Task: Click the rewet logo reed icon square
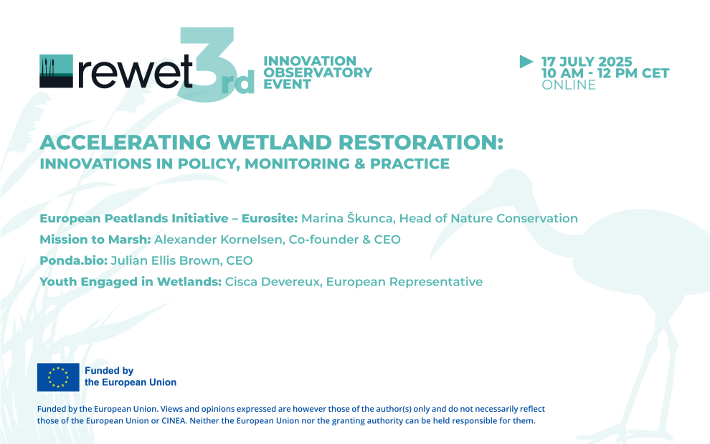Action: click(56, 70)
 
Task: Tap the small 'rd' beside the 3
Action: click(242, 85)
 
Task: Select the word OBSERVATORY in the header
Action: click(318, 72)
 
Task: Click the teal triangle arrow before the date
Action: click(526, 62)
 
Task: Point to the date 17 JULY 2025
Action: click(586, 62)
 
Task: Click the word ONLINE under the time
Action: click(568, 85)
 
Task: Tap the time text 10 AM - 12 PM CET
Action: click(605, 73)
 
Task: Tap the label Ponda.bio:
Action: click(73, 260)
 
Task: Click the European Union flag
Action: click(58, 377)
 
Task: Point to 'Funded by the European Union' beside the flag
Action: click(130, 377)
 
